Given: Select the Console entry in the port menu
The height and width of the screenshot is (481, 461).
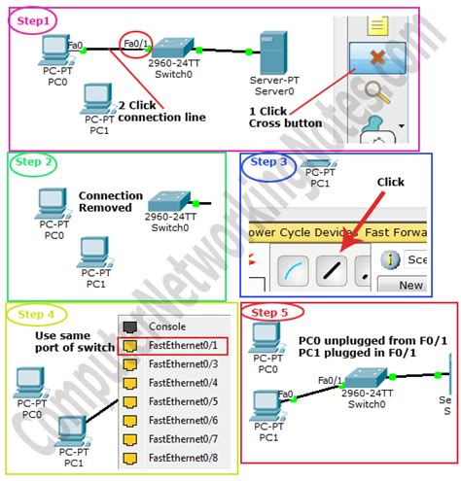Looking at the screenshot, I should (x=167, y=326).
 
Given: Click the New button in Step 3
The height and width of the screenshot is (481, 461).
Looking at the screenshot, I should (x=410, y=285).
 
